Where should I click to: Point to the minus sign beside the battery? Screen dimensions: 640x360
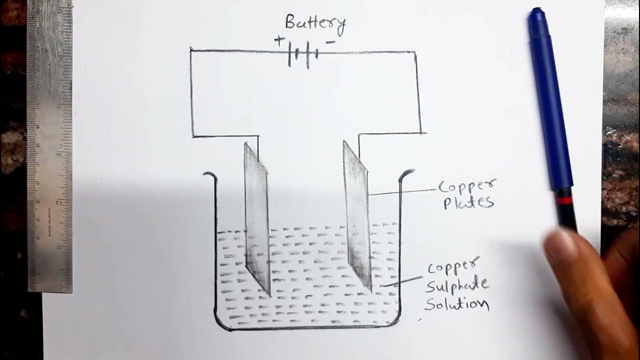[x=330, y=42]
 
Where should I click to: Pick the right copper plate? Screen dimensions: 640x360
[x=357, y=215]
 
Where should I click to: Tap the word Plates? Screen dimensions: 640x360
[x=468, y=202]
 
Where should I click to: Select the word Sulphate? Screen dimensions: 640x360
[x=457, y=285]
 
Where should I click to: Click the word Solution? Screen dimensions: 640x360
[x=457, y=303]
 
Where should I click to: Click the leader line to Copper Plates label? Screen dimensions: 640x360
[x=402, y=192]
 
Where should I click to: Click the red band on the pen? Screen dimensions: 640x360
[x=564, y=200]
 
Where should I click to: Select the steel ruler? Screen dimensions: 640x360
[x=49, y=145]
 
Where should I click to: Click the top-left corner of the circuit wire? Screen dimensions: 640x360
[x=191, y=49]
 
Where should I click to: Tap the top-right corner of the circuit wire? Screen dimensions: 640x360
[x=414, y=52]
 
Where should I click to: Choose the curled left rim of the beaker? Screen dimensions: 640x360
[x=209, y=175]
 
